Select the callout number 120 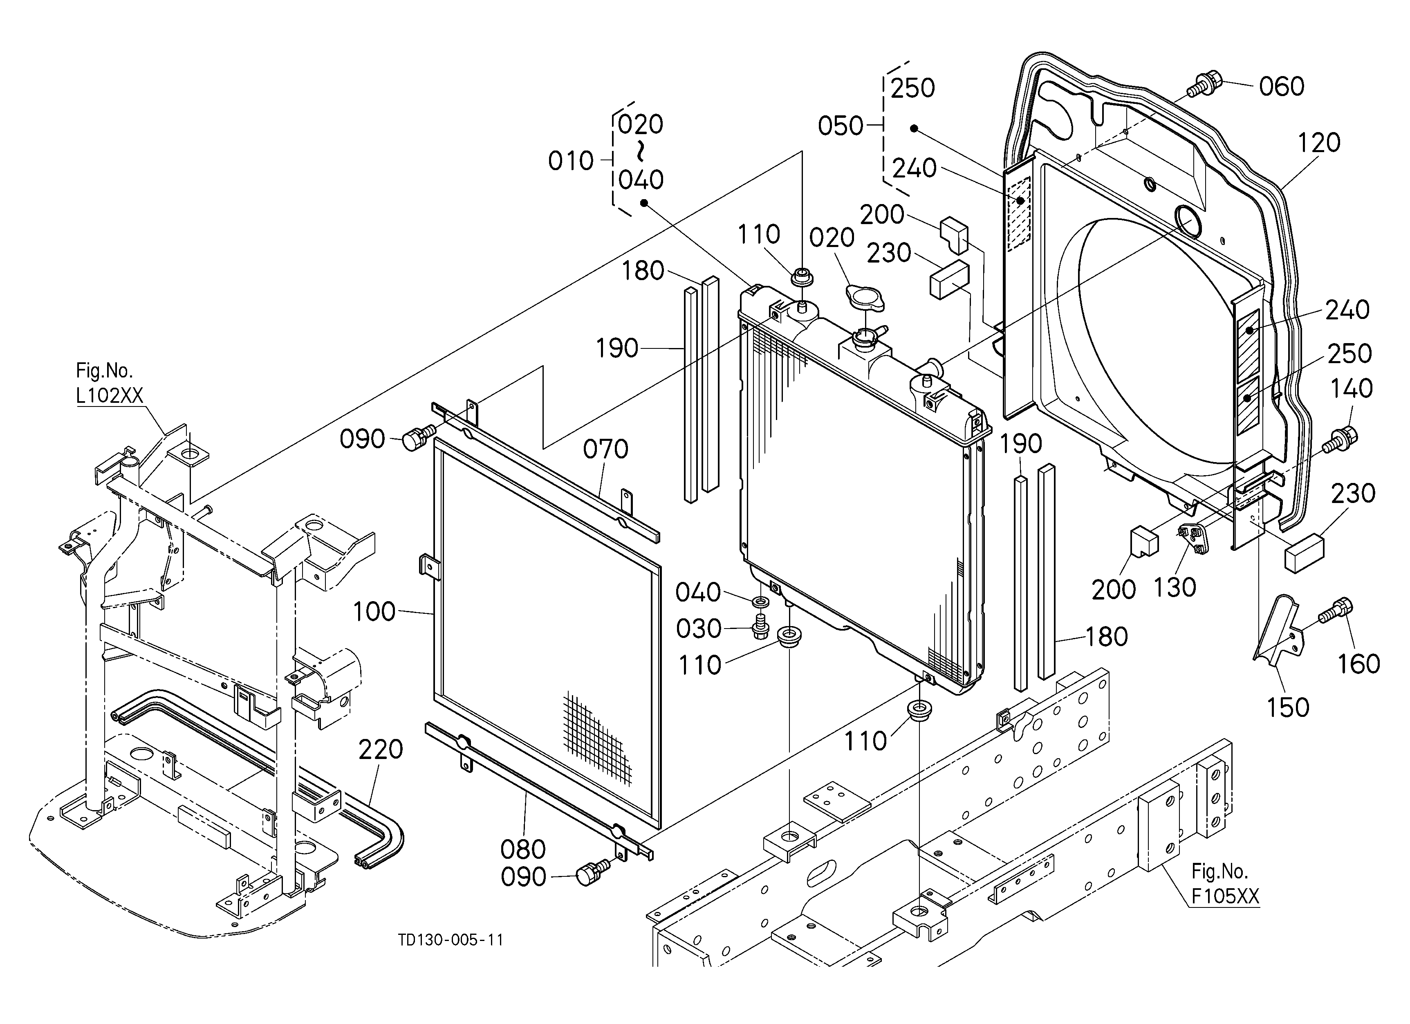[x=1318, y=143]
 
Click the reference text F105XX [x=1225, y=896]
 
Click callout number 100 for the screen [x=374, y=612]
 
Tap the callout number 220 [x=381, y=749]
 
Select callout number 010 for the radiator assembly [x=571, y=161]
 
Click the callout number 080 [x=523, y=849]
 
